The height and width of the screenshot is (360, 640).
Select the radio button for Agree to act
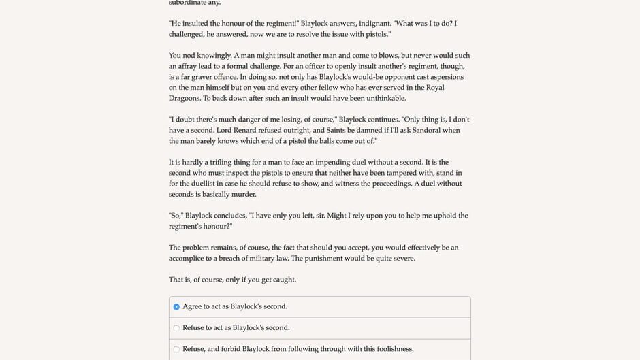176,307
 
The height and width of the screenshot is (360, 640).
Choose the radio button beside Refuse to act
176,328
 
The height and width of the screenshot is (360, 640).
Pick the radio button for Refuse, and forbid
176,350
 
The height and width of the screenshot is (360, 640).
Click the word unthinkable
384,99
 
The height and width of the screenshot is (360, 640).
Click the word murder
243,195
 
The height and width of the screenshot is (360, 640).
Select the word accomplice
191,259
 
